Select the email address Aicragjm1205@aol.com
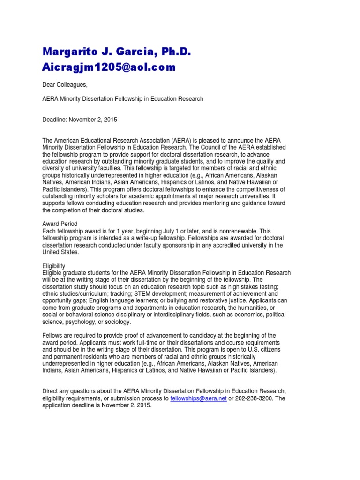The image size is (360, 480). (x=109, y=67)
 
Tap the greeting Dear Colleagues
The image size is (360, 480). (x=65, y=84)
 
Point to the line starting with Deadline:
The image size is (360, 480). (x=80, y=120)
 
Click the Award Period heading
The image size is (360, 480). (x=60, y=224)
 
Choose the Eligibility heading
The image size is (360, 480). (x=54, y=266)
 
